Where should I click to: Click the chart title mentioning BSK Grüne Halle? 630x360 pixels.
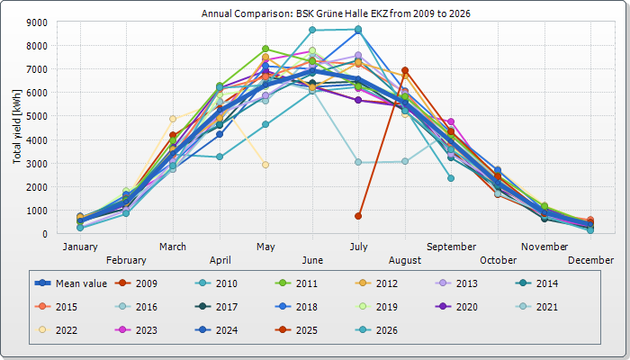click(336, 13)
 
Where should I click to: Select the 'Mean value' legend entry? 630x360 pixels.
click(71, 283)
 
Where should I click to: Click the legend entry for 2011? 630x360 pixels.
click(296, 283)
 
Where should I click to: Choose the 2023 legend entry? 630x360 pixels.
click(136, 330)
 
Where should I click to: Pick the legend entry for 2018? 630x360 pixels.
click(296, 307)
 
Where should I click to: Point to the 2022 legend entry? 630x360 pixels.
click(56, 330)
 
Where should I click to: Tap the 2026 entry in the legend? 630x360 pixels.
click(376, 330)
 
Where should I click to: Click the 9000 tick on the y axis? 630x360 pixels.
click(37, 22)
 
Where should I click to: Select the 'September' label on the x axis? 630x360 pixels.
click(451, 247)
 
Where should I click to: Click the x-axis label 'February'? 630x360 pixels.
click(126, 260)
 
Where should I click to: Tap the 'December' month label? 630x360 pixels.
click(590, 260)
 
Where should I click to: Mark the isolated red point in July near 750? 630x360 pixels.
click(358, 216)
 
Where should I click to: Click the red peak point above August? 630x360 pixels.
click(405, 71)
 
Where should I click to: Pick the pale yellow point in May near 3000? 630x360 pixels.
click(265, 165)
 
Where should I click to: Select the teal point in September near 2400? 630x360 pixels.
click(451, 178)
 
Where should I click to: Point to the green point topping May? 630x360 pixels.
click(265, 49)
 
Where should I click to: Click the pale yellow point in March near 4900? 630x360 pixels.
click(173, 119)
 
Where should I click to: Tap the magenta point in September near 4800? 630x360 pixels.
click(451, 121)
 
